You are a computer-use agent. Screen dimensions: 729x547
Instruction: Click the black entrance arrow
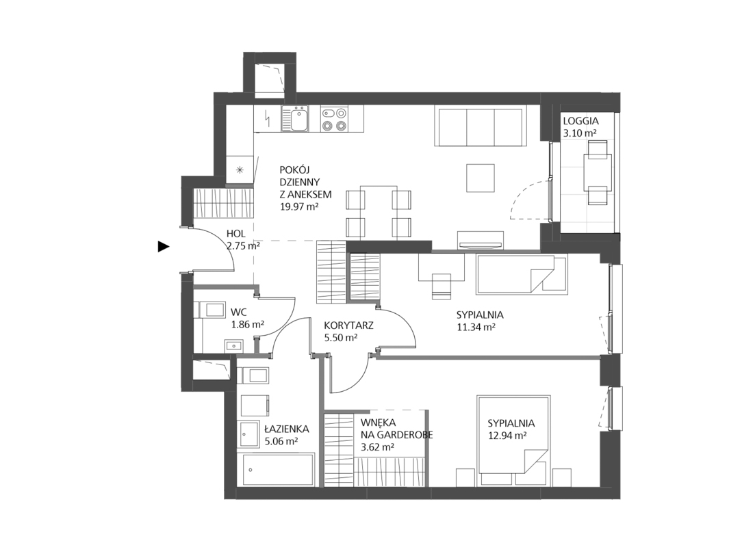(163, 247)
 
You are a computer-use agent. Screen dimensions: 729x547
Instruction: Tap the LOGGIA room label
(580, 121)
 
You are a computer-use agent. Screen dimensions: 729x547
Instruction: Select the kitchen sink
(295, 119)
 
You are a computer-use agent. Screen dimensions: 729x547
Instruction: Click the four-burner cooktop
(334, 119)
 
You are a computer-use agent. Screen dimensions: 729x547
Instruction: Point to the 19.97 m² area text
(299, 206)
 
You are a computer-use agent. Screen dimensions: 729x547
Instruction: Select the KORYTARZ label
(348, 325)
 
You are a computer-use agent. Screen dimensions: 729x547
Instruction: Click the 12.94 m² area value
(507, 436)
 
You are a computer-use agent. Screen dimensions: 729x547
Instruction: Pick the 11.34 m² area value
(476, 327)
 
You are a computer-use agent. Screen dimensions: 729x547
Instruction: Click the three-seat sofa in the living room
(481, 125)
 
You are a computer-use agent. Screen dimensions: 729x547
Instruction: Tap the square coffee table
(481, 177)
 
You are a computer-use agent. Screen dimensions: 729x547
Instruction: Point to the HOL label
(235, 234)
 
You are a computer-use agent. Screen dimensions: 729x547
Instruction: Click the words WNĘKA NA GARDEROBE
(396, 429)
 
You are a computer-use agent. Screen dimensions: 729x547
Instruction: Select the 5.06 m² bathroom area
(281, 442)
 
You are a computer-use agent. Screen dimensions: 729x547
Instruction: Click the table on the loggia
(598, 173)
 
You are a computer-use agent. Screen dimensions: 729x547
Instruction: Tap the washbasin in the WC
(233, 345)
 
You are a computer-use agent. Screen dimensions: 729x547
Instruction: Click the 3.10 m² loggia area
(580, 133)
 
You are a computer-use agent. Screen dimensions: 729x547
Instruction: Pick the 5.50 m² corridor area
(341, 338)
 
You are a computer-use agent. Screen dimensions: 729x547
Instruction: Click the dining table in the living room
(379, 211)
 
